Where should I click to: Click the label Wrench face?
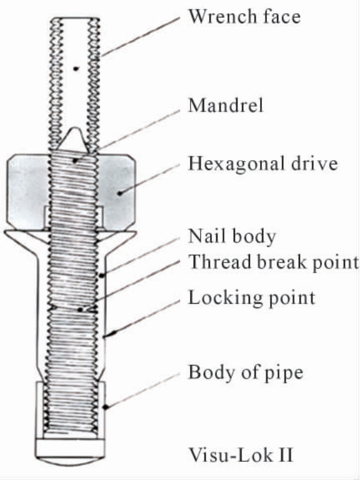tap(244, 16)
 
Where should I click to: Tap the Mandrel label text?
tap(226, 105)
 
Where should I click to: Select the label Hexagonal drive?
tap(263, 164)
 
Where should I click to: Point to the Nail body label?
tap(232, 236)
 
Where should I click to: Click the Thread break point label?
tap(273, 262)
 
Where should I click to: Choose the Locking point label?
tap(252, 297)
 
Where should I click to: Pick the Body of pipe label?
tap(246, 373)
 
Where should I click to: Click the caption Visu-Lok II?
tap(241, 455)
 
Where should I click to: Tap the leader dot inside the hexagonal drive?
tap(120, 193)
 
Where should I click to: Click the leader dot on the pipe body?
tap(105, 407)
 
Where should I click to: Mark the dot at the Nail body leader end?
tap(101, 276)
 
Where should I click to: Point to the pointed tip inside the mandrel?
tap(75, 129)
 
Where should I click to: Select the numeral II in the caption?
tap(286, 455)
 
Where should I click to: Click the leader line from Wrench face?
tap(140, 37)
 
